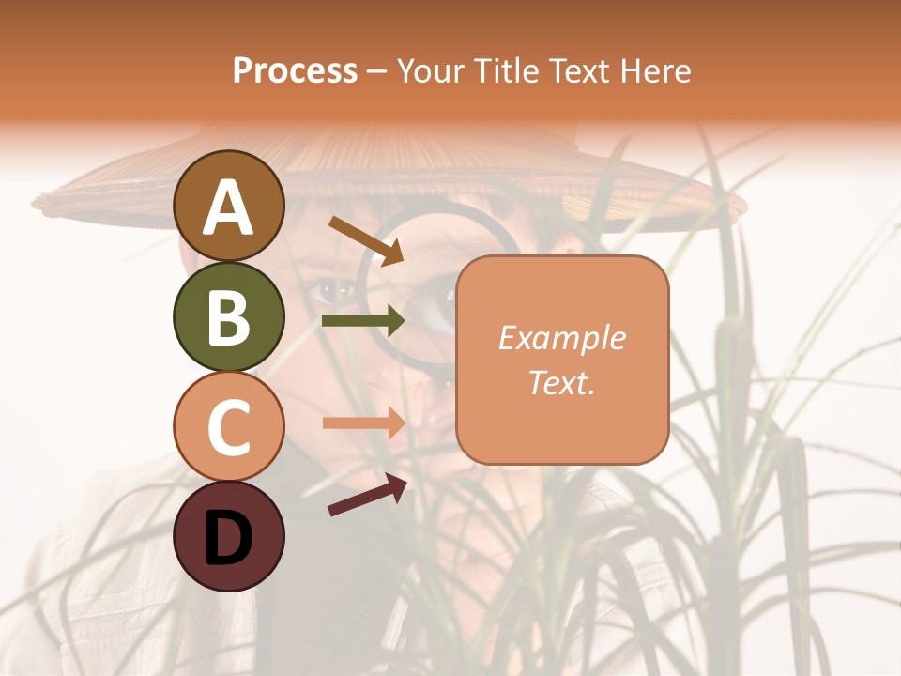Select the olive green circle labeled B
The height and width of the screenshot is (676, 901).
point(228,316)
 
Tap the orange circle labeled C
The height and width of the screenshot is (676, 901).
point(228,426)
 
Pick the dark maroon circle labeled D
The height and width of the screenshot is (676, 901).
point(228,536)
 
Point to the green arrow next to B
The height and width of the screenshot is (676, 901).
point(363,320)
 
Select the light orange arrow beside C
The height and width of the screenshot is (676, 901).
point(364,422)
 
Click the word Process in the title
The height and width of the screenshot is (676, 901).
point(295,70)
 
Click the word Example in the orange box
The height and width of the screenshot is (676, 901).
point(561,338)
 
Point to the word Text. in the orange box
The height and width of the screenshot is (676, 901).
point(561,382)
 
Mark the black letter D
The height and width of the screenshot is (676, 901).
point(228,538)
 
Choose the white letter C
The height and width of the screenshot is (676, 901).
point(228,427)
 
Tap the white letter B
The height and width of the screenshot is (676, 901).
point(228,317)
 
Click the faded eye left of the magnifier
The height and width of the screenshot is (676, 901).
point(331,289)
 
